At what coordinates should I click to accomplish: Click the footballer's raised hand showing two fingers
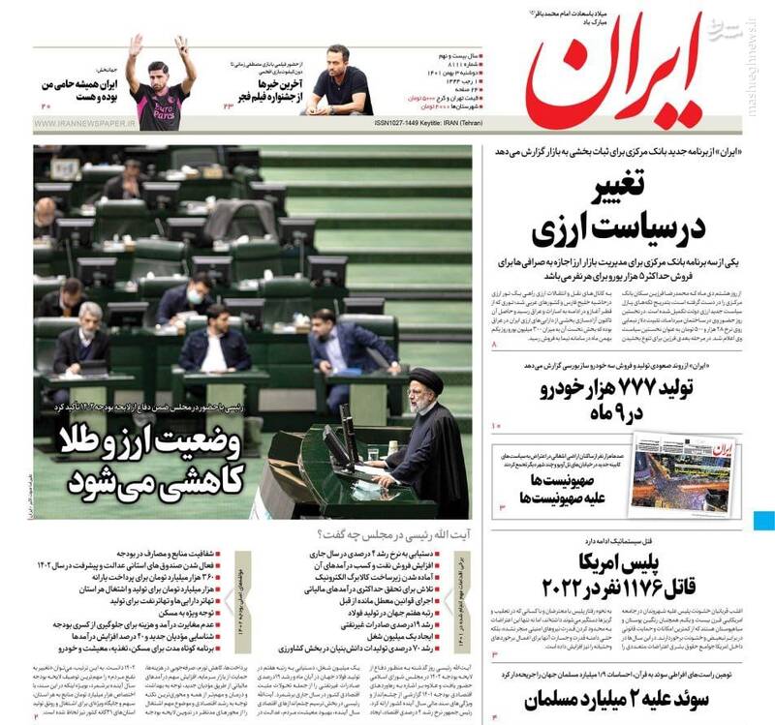click(182, 45)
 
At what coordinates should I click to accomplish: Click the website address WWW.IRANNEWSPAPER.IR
click(87, 124)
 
